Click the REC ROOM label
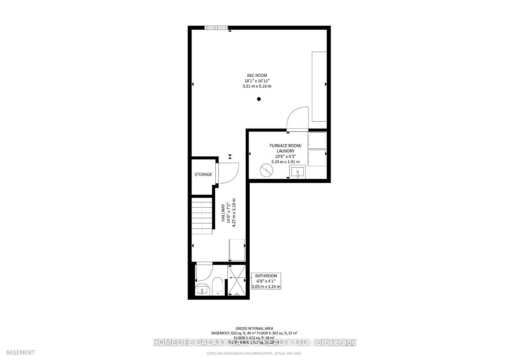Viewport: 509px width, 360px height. coord(257,76)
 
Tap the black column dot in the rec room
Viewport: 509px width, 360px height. coord(259,99)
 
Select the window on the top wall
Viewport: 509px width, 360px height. coord(216,28)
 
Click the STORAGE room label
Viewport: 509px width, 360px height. coord(203,174)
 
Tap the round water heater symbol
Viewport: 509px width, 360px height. coord(266,170)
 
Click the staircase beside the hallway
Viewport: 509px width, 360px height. coord(202,213)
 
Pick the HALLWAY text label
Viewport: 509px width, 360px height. coord(223,213)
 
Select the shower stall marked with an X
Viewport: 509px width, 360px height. coord(237,280)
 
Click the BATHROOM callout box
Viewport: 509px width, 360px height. coord(266,281)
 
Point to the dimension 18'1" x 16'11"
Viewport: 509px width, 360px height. coord(257,81)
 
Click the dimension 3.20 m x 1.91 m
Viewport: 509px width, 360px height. coord(285,162)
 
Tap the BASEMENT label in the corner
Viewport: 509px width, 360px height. coord(20,352)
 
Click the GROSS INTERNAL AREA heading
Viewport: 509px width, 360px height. coord(254,328)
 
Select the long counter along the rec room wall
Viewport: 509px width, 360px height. coord(319,87)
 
